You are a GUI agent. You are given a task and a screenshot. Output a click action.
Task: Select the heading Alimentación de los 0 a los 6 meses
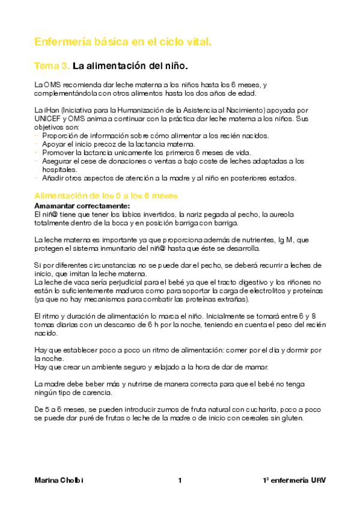click(x=106, y=197)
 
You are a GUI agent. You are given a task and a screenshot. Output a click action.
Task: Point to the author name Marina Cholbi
click(x=59, y=481)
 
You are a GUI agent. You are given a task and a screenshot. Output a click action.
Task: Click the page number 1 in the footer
click(x=180, y=481)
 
